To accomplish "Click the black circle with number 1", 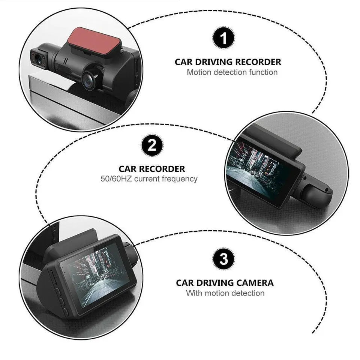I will click(223, 39).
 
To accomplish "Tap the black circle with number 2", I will click(152, 145).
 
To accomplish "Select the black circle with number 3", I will click(223, 259).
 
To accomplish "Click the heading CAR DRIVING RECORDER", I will click(228, 62).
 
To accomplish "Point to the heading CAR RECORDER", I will click(152, 169).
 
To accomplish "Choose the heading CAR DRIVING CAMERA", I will click(225, 283).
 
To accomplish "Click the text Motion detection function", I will click(232, 72).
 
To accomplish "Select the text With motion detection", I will click(225, 293).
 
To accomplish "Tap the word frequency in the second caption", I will click(179, 179).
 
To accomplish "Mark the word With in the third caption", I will click(193, 293).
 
